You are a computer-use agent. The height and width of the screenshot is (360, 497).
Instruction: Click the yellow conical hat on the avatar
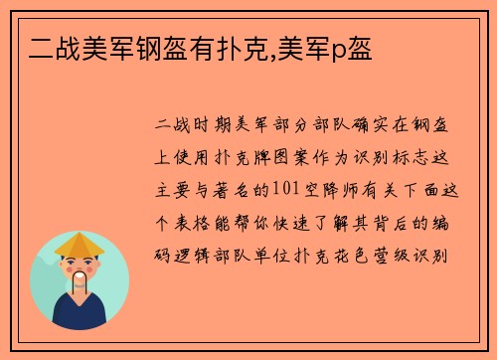point(80,245)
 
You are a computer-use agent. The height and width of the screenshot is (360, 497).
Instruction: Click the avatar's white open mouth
point(80,280)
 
